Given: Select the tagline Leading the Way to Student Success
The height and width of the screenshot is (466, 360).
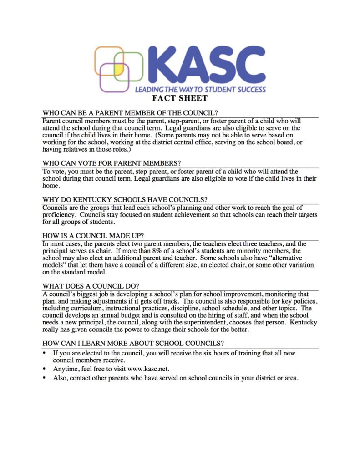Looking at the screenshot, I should pos(200,89).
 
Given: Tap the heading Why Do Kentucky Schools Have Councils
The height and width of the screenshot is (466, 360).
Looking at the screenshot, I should pos(125,199).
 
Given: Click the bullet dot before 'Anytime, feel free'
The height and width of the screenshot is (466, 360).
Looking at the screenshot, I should pos(44,369).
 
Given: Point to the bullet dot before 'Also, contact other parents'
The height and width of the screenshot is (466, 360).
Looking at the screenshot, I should pos(44,378).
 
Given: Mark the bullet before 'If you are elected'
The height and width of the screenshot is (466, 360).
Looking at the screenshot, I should pos(44,353).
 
